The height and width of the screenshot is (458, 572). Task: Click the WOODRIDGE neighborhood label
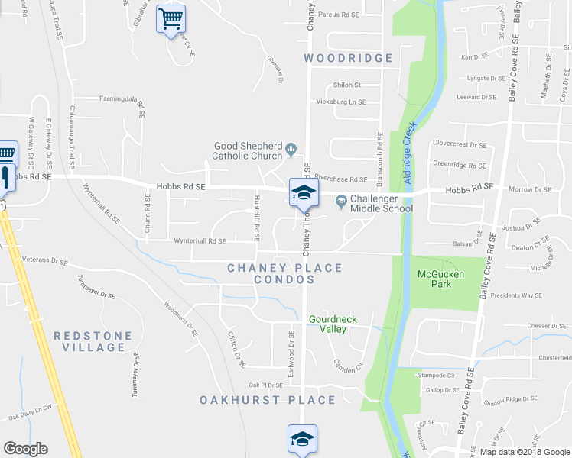(x=348, y=58)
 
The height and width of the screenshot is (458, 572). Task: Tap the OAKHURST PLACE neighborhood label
(x=268, y=400)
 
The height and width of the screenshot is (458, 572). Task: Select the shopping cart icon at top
(x=171, y=18)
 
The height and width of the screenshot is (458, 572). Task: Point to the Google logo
(x=25, y=449)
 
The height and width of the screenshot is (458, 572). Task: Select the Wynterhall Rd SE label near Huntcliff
(x=200, y=241)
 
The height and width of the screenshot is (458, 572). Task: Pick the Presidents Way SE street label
(x=515, y=295)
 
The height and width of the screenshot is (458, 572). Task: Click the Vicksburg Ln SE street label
(x=341, y=102)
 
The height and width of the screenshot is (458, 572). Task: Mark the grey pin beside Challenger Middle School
(x=341, y=202)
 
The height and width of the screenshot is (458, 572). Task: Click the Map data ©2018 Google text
(x=524, y=451)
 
